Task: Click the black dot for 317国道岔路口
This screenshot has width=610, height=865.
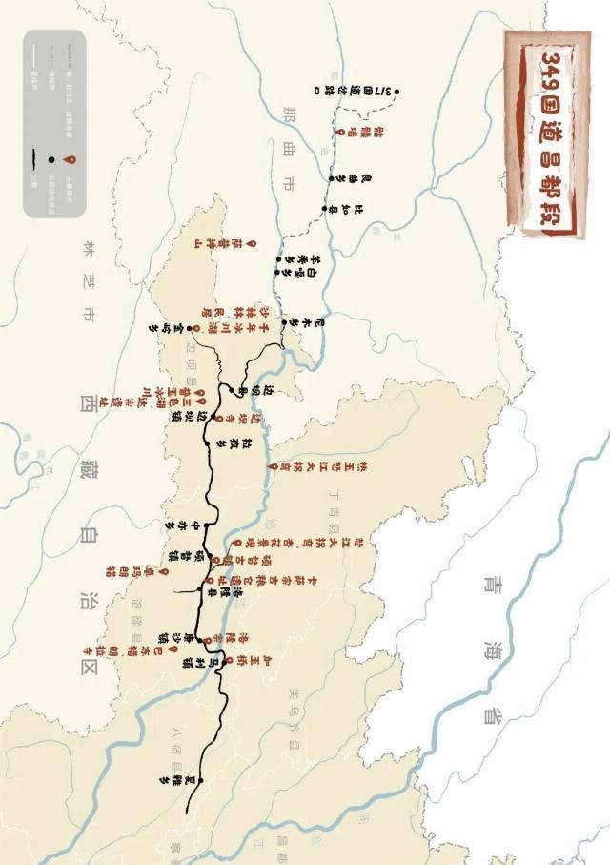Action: (x=397, y=92)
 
